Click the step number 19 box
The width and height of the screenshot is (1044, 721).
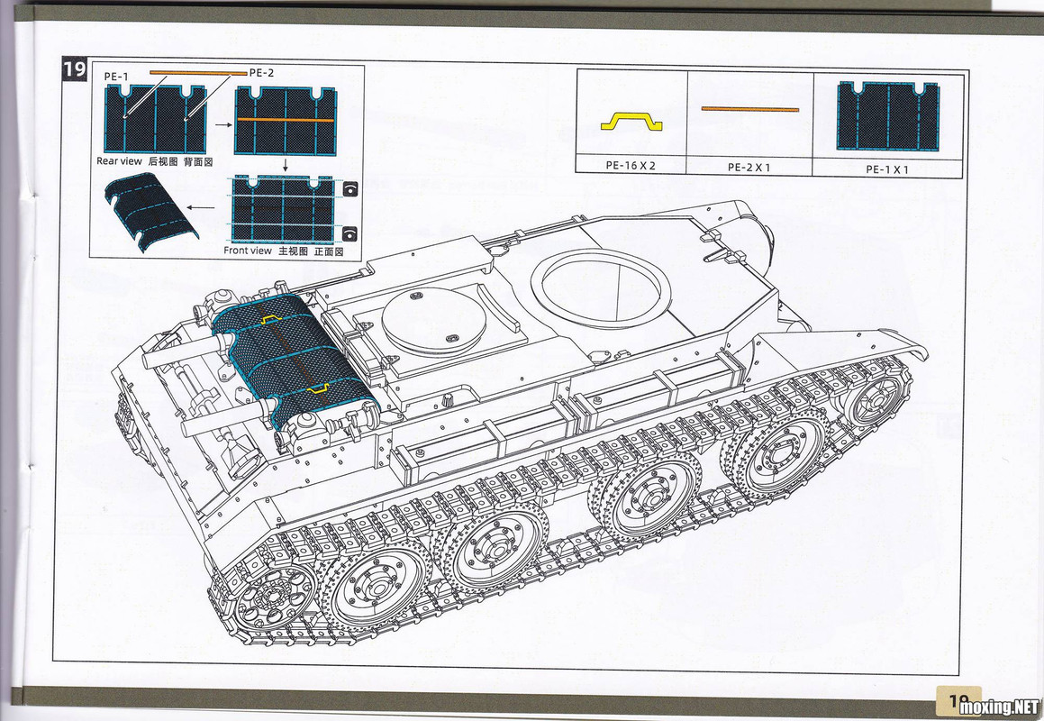[75, 69]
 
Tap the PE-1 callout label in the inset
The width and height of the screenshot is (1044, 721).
[116, 77]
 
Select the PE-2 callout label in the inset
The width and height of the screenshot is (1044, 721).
[261, 73]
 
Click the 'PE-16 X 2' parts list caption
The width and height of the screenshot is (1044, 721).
[631, 165]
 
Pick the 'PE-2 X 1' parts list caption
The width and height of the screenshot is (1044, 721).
[749, 168]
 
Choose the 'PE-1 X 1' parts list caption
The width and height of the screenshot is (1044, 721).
[887, 169]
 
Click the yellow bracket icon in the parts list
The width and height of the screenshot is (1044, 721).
[631, 121]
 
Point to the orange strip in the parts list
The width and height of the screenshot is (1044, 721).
[749, 109]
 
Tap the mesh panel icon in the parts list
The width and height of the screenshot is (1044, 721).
[888, 116]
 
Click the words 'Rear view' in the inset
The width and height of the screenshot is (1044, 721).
[119, 160]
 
